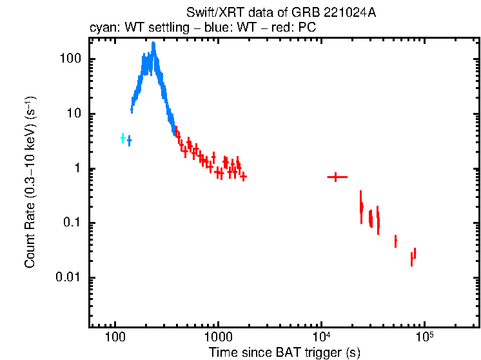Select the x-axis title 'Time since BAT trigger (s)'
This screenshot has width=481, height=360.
click(284, 352)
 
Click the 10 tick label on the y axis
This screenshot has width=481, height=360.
click(74, 114)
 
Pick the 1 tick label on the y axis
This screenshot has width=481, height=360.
click(77, 168)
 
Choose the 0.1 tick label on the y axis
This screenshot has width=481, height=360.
click(72, 223)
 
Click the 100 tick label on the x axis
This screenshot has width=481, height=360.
click(115, 338)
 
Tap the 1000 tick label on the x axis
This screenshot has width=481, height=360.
click(218, 338)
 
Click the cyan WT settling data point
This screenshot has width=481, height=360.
click(123, 138)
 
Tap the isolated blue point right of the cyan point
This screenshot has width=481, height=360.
click(129, 140)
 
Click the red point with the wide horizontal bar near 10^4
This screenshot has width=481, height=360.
click(337, 177)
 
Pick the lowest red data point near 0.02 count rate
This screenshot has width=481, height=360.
click(411, 259)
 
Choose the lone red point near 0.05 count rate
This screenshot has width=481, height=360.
click(395, 241)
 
